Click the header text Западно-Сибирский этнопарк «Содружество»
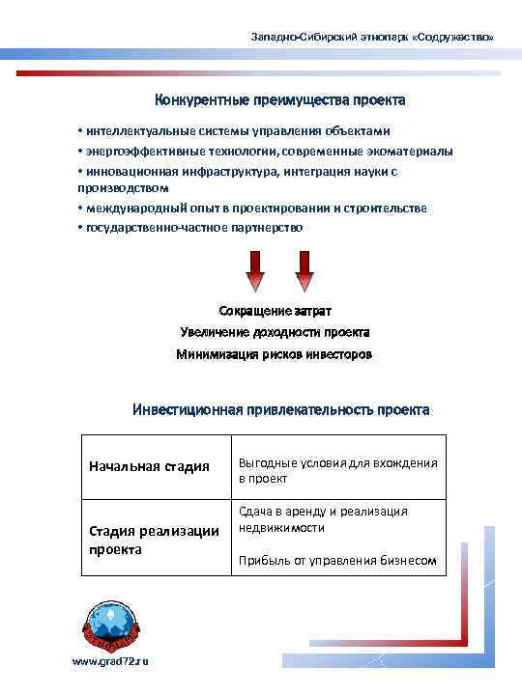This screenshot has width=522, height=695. pos(371,37)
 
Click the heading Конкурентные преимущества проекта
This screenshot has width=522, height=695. pos(280,100)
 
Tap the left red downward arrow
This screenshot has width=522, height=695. pos(255,271)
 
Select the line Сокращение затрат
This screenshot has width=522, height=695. pos(275,311)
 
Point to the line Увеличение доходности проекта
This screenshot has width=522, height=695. pos(275,332)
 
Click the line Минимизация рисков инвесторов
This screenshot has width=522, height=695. pos(275,354)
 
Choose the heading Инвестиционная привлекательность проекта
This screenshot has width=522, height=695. pos(280,409)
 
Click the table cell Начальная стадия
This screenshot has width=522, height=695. pos(149,466)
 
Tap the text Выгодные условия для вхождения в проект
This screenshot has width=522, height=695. pos(337,470)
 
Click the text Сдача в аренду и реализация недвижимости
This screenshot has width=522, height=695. pos(322,519)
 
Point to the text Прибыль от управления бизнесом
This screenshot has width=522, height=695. pos(337,561)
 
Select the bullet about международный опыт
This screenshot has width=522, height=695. pos(251,208)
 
